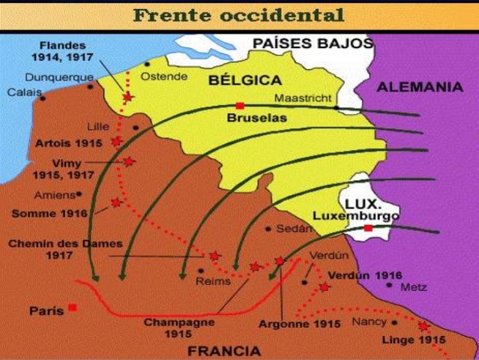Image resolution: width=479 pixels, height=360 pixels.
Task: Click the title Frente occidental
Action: [239, 15]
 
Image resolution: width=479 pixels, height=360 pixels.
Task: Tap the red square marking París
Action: [72, 307]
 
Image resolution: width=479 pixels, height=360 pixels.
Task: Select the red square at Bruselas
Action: [239, 106]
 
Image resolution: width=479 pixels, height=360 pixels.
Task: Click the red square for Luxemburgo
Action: [368, 228]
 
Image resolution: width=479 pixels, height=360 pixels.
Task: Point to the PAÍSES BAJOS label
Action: [312, 43]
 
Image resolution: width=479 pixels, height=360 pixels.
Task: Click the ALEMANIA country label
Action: [419, 87]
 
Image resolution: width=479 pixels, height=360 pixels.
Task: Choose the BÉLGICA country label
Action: [244, 79]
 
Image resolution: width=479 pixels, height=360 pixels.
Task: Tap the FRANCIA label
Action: [224, 350]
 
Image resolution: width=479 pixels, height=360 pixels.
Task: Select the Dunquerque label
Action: [59, 76]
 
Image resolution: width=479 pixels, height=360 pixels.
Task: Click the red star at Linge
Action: [423, 326]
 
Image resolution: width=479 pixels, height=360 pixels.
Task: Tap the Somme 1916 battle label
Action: [49, 214]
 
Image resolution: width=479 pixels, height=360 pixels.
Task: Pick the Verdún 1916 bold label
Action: [364, 275]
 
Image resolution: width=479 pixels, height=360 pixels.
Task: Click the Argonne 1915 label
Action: [299, 324]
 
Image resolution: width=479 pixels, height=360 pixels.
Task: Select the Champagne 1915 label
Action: [178, 327]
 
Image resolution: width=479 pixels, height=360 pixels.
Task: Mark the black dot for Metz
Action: [389, 285]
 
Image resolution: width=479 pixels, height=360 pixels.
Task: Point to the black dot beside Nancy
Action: [394, 322]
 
